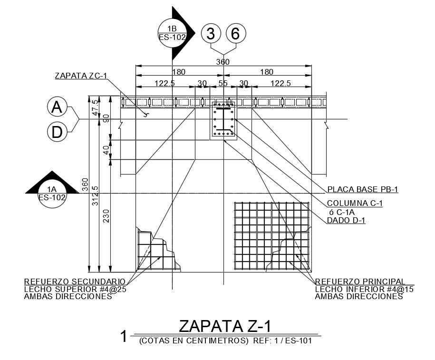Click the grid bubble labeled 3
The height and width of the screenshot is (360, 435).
tap(212, 34)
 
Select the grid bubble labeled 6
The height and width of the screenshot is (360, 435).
tap(236, 34)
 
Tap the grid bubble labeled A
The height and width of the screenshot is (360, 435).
tap(57, 108)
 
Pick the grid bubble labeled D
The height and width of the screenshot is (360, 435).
tap(57, 132)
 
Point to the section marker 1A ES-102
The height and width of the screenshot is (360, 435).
tap(52, 191)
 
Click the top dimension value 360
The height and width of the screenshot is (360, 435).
tap(222, 62)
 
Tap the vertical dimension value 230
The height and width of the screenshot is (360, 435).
tap(106, 216)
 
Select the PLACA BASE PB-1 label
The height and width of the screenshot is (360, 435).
tap(363, 190)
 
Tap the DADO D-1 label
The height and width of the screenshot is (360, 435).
tap(346, 220)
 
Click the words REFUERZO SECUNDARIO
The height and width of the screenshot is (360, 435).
tap(75, 282)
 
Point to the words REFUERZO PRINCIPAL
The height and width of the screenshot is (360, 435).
tap(360, 282)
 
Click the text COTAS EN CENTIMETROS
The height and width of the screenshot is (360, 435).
tap(193, 341)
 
